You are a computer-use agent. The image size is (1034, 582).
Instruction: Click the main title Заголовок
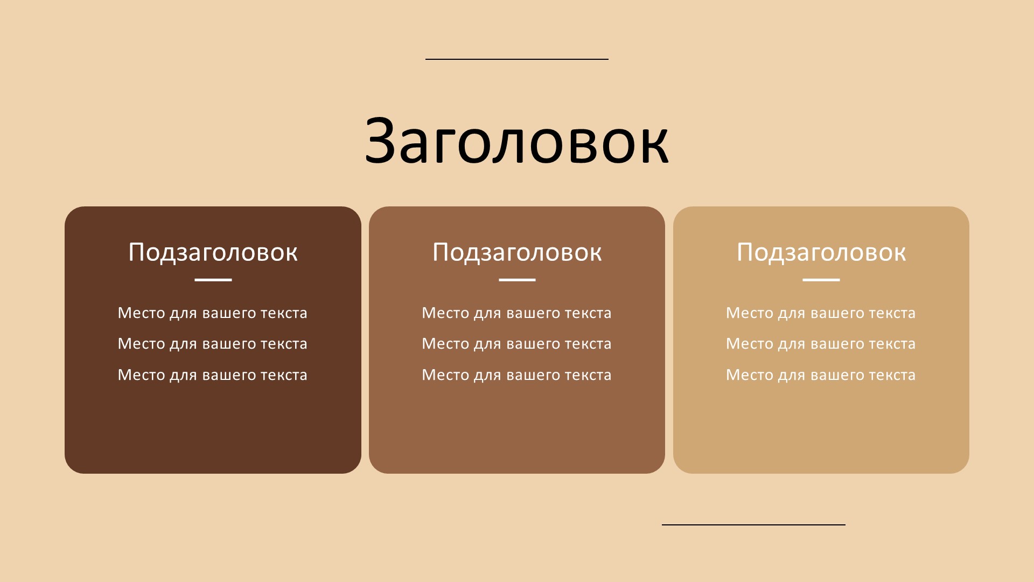[516, 141]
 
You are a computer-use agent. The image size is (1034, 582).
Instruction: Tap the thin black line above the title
[517, 59]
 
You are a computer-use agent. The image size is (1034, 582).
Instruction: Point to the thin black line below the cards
[753, 524]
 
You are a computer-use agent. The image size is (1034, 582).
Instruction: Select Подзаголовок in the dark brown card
[213, 252]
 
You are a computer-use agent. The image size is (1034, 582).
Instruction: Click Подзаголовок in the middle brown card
[517, 252]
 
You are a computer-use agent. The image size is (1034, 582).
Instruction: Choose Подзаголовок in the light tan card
[821, 252]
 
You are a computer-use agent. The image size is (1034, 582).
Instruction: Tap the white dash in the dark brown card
[213, 280]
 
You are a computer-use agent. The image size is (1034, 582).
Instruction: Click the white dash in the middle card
[517, 280]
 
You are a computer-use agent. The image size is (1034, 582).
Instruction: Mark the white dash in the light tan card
[821, 280]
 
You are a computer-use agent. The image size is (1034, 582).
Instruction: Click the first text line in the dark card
[213, 313]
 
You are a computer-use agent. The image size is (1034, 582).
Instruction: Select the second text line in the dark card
[213, 344]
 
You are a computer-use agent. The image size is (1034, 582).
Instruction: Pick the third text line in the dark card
[213, 375]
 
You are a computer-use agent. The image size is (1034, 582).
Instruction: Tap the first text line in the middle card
[517, 313]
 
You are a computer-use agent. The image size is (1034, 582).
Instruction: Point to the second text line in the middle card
[517, 344]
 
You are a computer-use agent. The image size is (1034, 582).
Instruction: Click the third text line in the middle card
[517, 375]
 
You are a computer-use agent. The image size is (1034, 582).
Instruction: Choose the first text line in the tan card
[821, 313]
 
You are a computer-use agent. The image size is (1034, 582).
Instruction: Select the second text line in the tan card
[821, 344]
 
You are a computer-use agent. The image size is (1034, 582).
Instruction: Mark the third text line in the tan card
[821, 375]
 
